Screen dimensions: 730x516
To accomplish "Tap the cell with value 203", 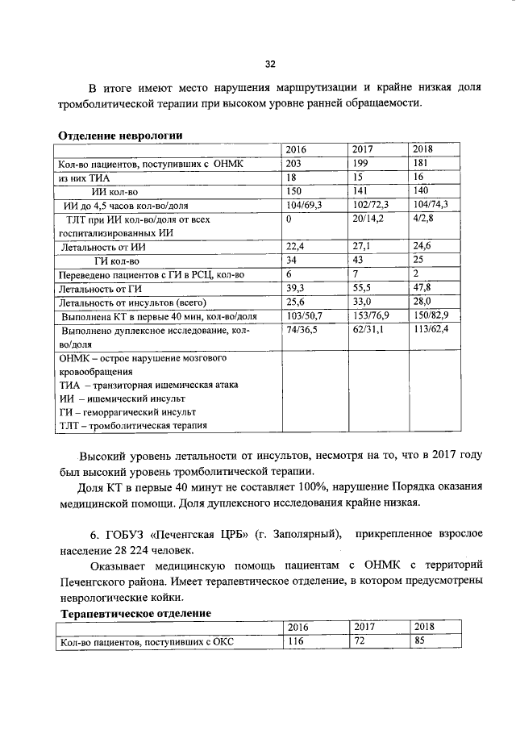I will click(x=296, y=163).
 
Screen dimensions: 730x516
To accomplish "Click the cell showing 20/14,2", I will click(x=369, y=219).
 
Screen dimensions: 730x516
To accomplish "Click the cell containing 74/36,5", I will click(x=302, y=330).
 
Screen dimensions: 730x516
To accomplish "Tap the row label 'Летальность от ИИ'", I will click(x=105, y=247).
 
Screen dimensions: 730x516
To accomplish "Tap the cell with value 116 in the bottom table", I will click(x=295, y=642).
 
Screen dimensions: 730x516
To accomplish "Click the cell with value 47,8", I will click(x=424, y=289).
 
